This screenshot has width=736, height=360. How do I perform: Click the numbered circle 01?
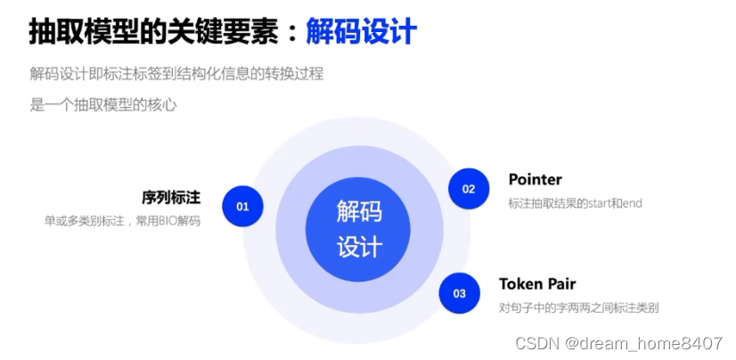pos(242,206)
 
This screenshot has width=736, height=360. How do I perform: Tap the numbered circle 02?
pos(469,189)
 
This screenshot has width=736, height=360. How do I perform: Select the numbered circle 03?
pos(460,292)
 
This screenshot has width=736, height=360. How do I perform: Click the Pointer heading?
pos(535,180)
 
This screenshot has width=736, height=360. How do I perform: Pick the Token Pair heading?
pos(537,284)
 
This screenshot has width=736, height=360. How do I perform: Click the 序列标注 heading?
pos(170,197)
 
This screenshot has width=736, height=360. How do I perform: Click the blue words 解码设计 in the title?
pos(361,33)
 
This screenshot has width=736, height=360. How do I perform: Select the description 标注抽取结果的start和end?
pos(575,204)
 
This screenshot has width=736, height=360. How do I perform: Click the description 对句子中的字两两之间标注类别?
pos(578,308)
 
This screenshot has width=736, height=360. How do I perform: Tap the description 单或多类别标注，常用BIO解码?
pos(122,220)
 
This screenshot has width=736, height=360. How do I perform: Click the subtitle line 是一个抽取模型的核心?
pos(103,105)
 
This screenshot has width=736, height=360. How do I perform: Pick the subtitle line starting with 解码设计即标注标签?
pos(176,74)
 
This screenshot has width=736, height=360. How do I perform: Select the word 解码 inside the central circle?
pos(359,212)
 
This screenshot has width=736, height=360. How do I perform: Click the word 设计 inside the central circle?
pos(359,246)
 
